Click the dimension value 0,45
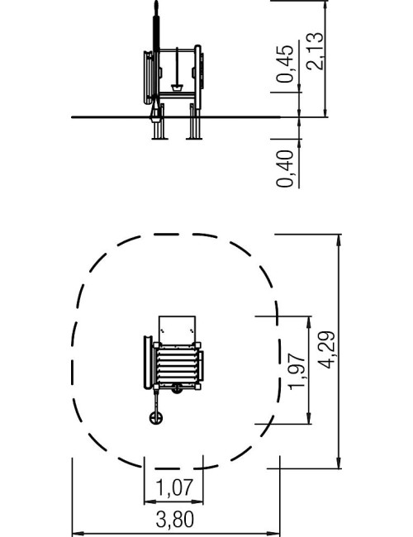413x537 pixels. click(x=285, y=64)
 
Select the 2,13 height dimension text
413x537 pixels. click(x=315, y=51)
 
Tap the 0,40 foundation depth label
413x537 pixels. click(x=285, y=169)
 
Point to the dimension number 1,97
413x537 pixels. click(x=297, y=371)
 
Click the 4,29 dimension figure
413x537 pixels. click(x=326, y=350)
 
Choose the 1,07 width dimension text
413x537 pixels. click(x=174, y=487)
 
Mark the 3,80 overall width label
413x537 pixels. click(x=174, y=519)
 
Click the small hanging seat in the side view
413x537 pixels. click(x=177, y=88)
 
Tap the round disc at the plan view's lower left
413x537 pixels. click(x=156, y=417)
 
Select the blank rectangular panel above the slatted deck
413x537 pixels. click(x=177, y=330)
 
